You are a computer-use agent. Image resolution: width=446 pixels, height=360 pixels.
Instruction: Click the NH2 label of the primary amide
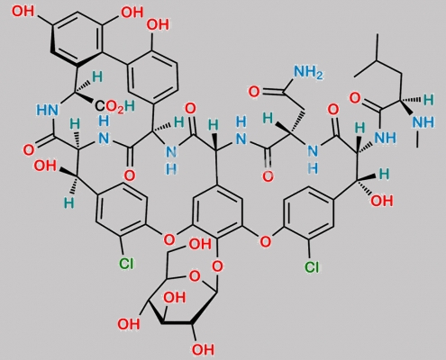click(x=308, y=72)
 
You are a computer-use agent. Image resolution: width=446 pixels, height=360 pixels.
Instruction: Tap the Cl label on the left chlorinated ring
click(x=126, y=264)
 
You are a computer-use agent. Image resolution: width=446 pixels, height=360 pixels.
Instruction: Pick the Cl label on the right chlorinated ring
click(x=312, y=266)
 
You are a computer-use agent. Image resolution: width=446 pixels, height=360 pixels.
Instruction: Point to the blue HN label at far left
click(x=47, y=110)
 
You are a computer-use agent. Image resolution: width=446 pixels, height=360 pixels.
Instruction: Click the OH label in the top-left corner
click(x=23, y=12)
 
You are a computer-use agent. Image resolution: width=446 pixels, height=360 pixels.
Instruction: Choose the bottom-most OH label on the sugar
click(x=203, y=349)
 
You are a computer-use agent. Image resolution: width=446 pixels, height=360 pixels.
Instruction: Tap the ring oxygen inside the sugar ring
click(x=195, y=275)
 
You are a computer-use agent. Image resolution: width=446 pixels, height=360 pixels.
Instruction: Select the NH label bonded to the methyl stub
click(x=423, y=122)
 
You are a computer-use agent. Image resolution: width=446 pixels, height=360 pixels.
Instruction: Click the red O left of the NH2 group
click(x=254, y=92)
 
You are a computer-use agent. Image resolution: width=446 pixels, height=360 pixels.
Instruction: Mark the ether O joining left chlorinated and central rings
click(x=168, y=239)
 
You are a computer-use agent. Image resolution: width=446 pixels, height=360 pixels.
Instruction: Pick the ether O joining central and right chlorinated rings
click(x=265, y=241)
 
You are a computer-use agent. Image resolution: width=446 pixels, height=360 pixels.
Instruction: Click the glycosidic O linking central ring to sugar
click(x=217, y=265)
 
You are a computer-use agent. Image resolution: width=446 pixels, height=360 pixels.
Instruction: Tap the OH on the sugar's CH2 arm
click(x=200, y=244)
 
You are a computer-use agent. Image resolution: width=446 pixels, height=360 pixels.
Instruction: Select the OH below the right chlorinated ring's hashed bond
click(x=382, y=201)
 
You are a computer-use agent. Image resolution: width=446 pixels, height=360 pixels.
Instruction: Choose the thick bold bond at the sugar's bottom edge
click(x=177, y=323)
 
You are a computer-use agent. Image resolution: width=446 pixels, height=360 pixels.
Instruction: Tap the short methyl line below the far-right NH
click(x=417, y=140)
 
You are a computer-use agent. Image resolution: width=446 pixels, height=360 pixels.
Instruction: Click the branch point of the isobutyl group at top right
click(x=378, y=61)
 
